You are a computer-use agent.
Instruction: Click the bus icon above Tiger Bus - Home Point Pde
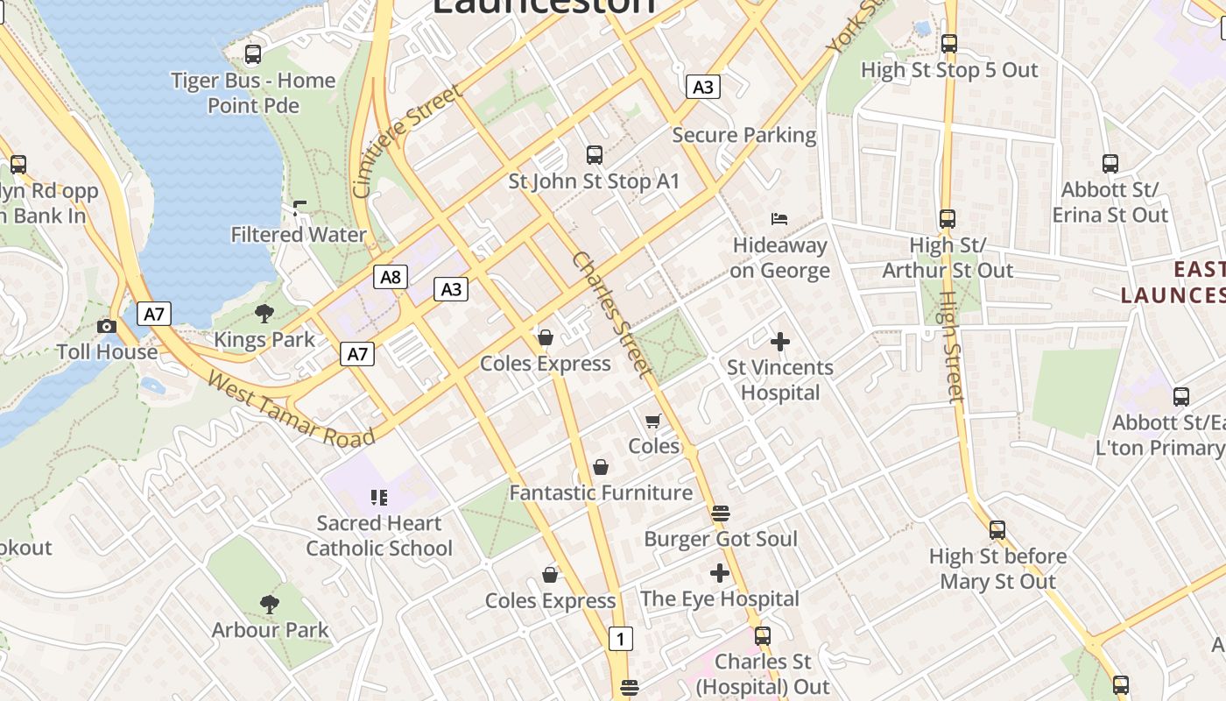(253, 54)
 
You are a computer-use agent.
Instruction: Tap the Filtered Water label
(298, 235)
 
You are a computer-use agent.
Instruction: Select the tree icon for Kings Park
(264, 314)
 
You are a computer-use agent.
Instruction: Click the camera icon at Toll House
(107, 326)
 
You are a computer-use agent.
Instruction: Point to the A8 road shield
(391, 278)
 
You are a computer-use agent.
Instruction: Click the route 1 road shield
(620, 640)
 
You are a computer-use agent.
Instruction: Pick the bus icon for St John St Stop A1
(595, 155)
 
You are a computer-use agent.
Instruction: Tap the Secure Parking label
(743, 135)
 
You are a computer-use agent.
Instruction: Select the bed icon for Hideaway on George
(779, 218)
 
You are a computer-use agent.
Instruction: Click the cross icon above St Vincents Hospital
(779, 341)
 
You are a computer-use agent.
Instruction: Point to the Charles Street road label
(612, 315)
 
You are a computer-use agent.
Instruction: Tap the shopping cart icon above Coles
(653, 421)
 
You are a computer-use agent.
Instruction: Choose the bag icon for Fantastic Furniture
(601, 467)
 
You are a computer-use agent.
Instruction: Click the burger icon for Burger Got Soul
(721, 513)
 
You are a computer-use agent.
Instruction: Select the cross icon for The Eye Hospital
(720, 574)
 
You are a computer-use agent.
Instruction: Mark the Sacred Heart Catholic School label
(379, 535)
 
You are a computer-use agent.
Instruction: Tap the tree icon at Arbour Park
(270, 604)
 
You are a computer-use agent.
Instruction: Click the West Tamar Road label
(291, 410)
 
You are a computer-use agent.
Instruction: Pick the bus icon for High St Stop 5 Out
(949, 44)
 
